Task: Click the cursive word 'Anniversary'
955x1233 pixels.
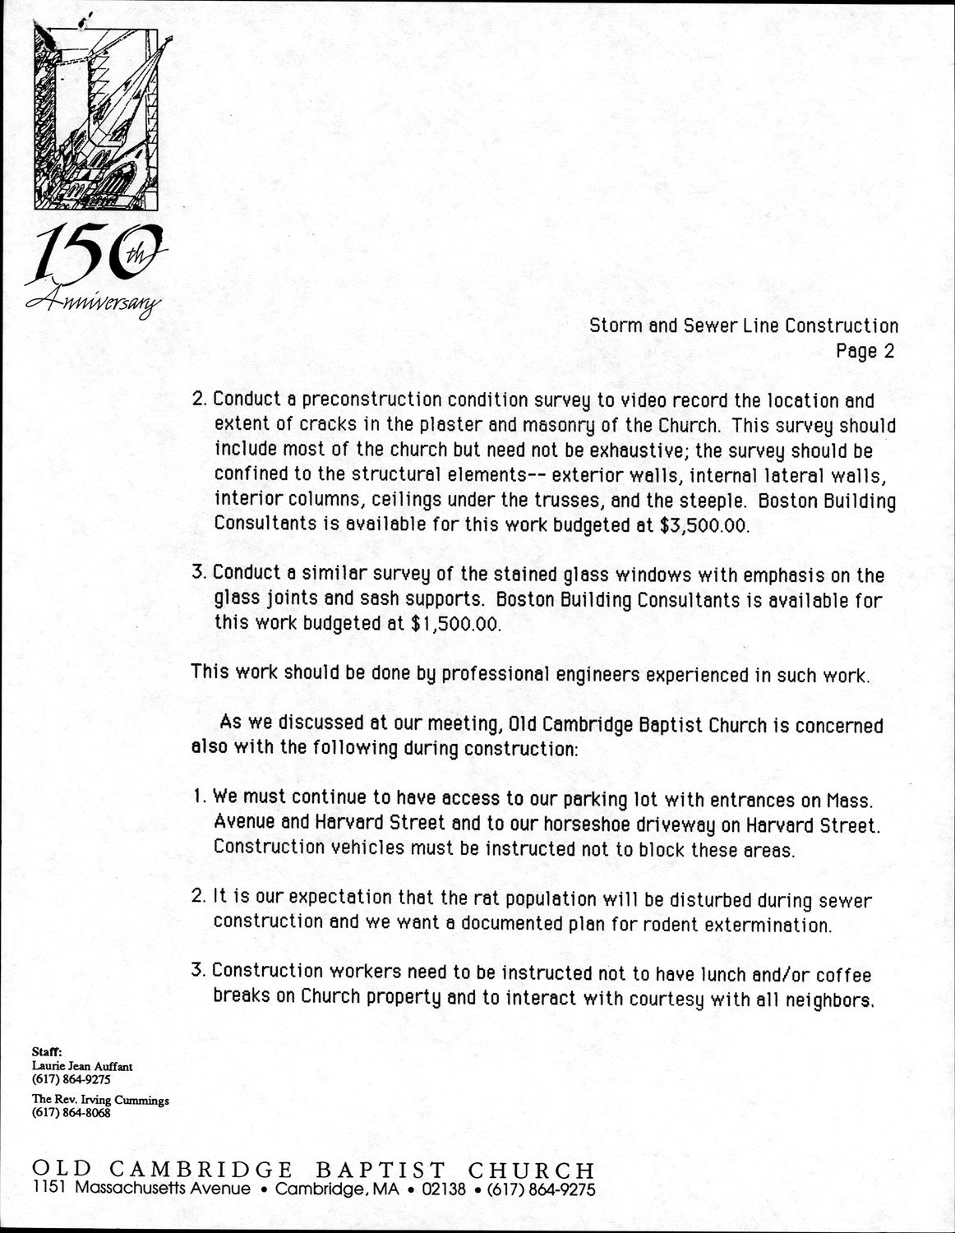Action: pos(95,304)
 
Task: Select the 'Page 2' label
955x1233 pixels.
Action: pos(865,352)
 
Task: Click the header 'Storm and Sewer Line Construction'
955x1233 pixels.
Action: pos(744,326)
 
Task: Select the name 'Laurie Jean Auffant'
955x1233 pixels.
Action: pos(82,1066)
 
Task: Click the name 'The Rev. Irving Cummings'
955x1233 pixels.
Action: pos(100,1100)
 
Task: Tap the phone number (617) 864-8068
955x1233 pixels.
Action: pos(71,1113)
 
